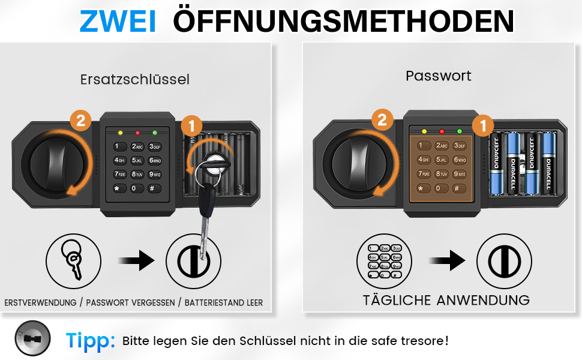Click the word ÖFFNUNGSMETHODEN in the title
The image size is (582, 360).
tap(343, 22)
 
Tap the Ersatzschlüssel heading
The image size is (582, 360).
tap(135, 79)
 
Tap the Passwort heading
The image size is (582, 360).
tap(439, 76)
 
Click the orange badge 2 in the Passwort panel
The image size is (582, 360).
tap(382, 120)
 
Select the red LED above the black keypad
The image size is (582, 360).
tap(137, 132)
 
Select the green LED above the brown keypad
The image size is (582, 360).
tap(460, 131)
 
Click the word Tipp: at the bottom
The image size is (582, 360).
tap(91, 340)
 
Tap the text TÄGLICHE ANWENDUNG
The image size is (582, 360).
tap(446, 300)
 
